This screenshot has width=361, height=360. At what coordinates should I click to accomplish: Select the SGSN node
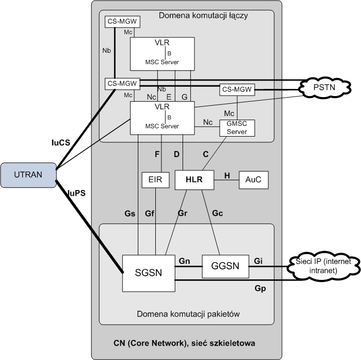(148, 273)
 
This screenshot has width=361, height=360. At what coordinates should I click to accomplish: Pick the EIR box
(155, 180)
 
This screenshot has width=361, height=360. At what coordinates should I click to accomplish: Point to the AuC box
(254, 180)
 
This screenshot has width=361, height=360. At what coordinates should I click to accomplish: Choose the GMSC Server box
(237, 128)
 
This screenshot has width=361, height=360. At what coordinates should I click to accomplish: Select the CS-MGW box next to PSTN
(237, 89)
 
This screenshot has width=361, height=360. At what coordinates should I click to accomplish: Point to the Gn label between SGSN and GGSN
(185, 261)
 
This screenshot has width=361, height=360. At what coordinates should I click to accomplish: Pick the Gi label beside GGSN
(259, 261)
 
